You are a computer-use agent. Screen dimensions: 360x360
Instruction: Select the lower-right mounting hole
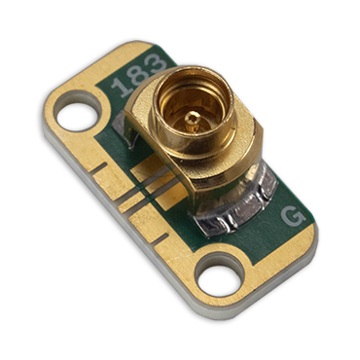pyautogui.click(x=220, y=279)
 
